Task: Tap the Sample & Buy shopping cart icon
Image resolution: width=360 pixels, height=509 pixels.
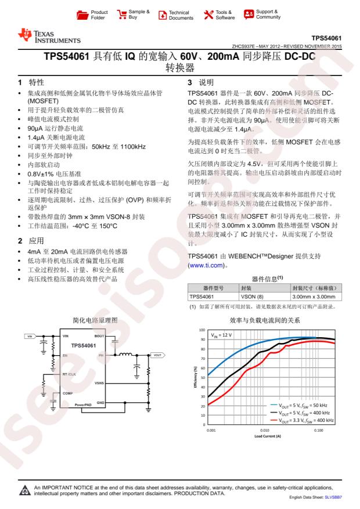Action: (121, 15)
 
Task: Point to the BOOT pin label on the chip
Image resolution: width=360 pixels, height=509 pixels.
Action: (99, 336)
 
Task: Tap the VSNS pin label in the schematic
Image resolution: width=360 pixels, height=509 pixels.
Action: (99, 384)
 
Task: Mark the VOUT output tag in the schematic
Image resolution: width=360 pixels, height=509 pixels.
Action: (157, 355)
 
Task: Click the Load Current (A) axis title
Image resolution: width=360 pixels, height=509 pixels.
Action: (264, 436)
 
